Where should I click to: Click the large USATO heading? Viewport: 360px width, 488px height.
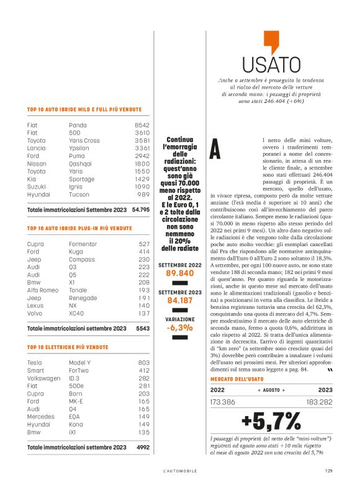pos(266,65)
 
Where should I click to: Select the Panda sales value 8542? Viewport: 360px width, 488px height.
pos(142,125)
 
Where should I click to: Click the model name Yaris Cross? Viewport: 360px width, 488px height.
pos(84,140)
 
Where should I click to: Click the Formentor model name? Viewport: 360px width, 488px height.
pos(86,244)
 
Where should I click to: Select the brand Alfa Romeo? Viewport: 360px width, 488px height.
pos(43,290)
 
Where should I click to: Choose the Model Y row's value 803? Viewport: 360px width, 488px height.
pos(144,362)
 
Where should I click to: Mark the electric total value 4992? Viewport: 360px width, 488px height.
pos(143,446)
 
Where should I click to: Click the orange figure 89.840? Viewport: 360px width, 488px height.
pos(180,272)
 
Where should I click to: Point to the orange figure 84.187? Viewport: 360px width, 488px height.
pos(180,301)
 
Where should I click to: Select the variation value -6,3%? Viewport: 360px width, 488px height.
pos(180,328)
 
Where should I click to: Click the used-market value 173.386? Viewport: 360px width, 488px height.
pos(225,402)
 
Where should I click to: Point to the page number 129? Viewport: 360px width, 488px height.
pos(328,470)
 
